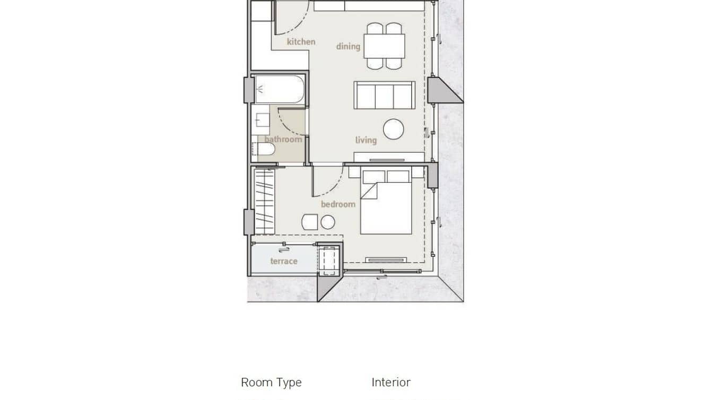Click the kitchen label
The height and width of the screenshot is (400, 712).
point(301,41)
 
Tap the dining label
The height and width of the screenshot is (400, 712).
point(348,46)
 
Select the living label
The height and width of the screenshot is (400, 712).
point(366,140)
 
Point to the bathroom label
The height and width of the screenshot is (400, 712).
point(283,140)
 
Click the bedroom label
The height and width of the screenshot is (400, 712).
point(338,204)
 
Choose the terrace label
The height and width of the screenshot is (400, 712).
point(283,261)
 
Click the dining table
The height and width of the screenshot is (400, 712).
point(385,46)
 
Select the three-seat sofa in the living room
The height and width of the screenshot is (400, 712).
point(384,95)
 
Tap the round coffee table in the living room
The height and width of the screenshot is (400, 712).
point(394,129)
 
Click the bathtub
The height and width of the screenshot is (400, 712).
point(279,89)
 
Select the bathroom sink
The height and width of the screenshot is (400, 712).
point(262,120)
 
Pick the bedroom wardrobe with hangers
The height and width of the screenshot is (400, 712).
point(264,202)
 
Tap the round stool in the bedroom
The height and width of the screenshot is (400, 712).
point(328,222)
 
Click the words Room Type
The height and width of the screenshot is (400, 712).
point(271,382)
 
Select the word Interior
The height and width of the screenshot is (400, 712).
point(391,382)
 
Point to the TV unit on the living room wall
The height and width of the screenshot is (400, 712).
point(389,158)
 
